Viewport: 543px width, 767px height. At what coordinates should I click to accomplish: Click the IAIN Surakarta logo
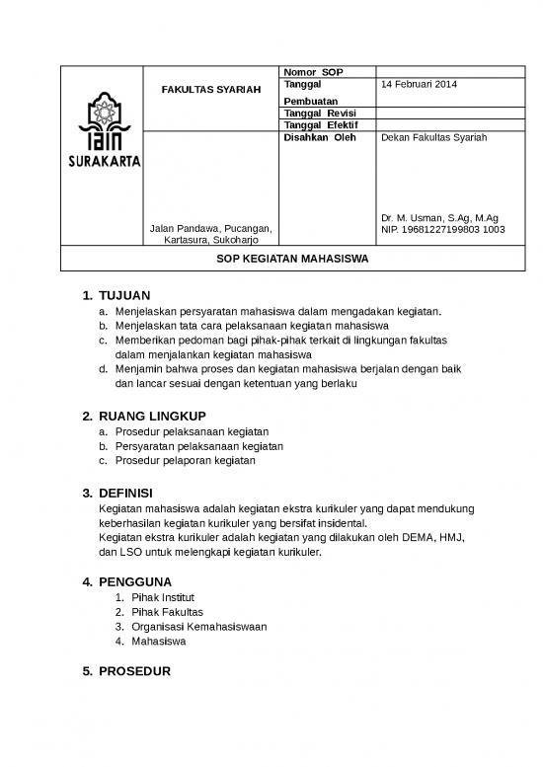pyautogui.click(x=104, y=143)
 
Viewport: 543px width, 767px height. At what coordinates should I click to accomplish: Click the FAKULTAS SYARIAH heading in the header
pyautogui.click(x=211, y=90)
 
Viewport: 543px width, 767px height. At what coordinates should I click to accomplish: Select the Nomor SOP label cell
pyautogui.click(x=312, y=72)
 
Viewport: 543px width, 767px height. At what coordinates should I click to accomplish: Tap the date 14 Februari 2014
pyautogui.click(x=419, y=85)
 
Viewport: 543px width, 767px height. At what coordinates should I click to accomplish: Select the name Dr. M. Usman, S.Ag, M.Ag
pyautogui.click(x=439, y=218)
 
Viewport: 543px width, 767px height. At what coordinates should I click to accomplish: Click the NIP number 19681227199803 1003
pyautogui.click(x=442, y=229)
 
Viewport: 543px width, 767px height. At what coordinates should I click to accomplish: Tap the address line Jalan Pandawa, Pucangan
pyautogui.click(x=210, y=229)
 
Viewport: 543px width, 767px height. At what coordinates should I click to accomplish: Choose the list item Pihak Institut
pyautogui.click(x=163, y=597)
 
